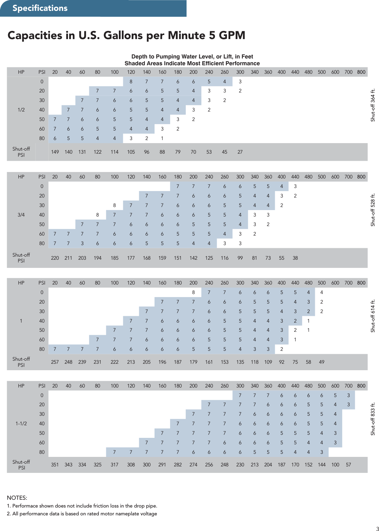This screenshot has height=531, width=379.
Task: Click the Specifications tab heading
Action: [40, 8]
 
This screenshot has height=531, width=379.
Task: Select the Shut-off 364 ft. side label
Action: [373, 105]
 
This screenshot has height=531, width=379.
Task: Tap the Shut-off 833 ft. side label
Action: [373, 419]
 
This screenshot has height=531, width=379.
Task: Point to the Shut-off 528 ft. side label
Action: [373, 210]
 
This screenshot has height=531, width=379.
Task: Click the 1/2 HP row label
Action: [21, 110]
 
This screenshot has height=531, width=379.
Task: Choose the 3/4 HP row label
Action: [21, 215]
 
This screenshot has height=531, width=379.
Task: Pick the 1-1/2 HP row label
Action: [21, 424]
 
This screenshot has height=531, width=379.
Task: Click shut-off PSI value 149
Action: [55, 152]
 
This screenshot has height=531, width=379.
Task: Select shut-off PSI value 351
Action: [55, 465]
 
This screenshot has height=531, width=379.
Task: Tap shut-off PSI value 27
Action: [240, 152]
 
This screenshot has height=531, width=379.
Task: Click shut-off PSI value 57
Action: [348, 465]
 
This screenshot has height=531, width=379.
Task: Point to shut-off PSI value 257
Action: [55, 362]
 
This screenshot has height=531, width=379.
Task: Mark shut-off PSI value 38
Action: [295, 258]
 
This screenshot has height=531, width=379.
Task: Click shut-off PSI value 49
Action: [322, 362]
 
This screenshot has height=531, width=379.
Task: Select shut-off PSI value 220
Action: [55, 258]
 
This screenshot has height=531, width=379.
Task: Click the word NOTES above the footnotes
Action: [17, 498]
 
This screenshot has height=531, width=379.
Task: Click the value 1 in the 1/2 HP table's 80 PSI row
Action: [162, 138]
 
